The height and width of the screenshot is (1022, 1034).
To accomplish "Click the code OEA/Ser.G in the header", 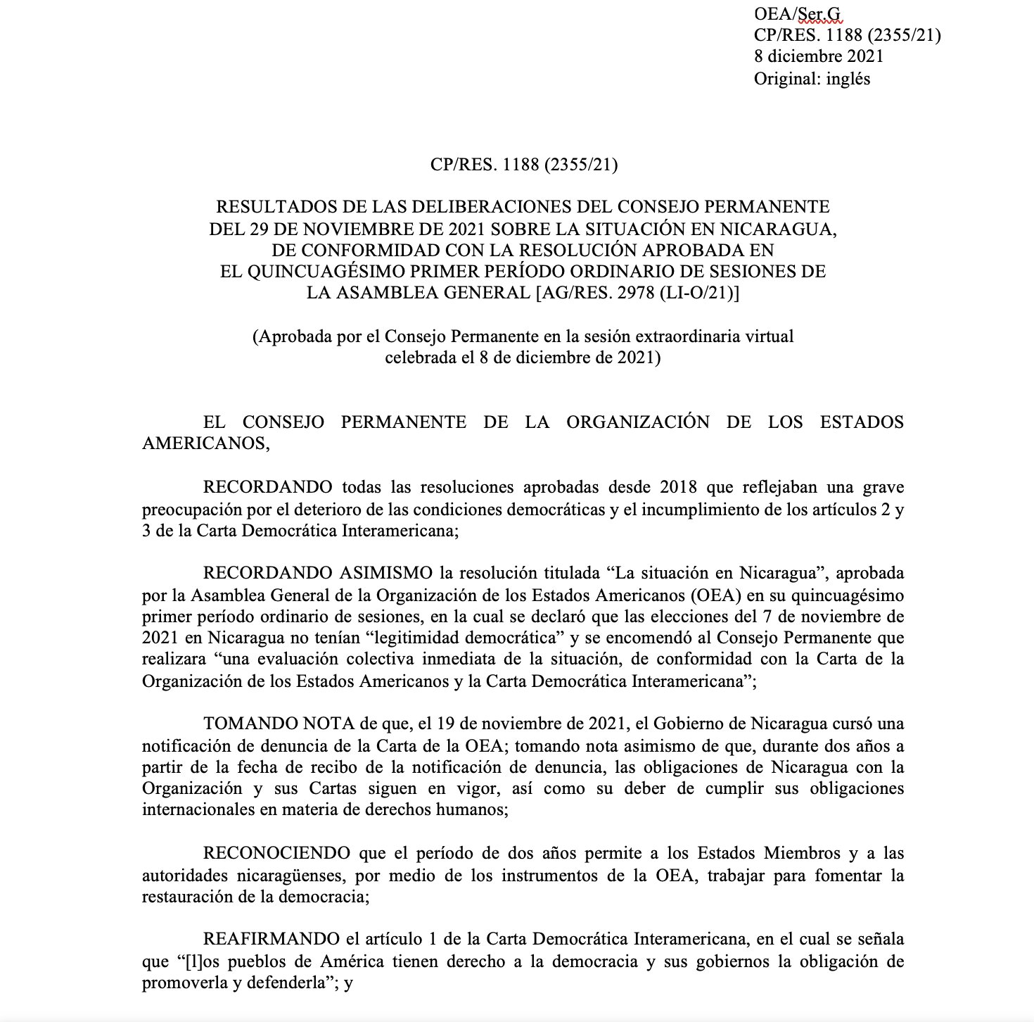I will [797, 13].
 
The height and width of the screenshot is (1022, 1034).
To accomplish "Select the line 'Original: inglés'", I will [812, 79].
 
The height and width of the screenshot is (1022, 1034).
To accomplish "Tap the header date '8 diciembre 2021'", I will [819, 56].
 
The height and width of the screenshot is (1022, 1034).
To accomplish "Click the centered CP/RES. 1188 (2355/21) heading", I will [523, 165].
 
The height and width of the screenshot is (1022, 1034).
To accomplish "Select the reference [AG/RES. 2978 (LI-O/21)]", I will [637, 293].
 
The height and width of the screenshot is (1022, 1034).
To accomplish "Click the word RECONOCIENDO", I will [276, 853].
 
